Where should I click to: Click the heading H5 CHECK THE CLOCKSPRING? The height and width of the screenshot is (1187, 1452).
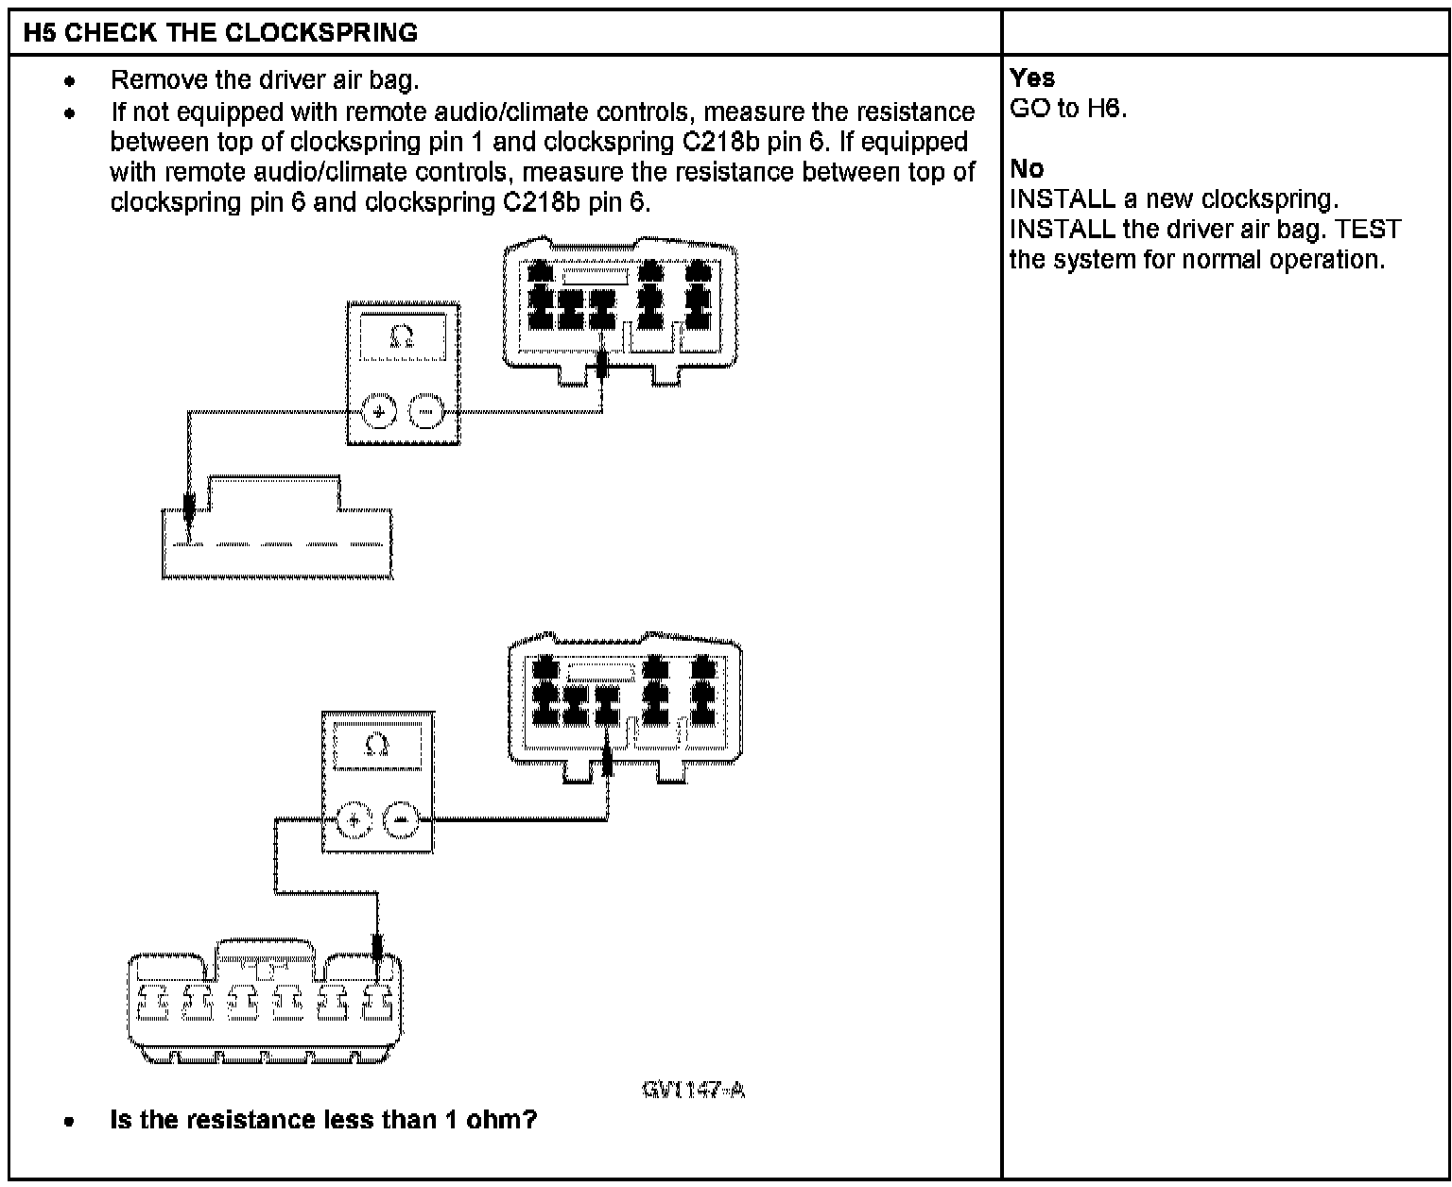220,33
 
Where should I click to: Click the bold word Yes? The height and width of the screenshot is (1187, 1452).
1032,77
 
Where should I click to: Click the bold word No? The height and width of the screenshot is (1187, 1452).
1027,168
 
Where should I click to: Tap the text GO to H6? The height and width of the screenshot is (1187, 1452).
1068,108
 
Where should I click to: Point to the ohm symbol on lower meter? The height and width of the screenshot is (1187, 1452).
376,745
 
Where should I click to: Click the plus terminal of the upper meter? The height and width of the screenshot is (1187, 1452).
379,412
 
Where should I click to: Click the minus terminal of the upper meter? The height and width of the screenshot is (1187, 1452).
426,412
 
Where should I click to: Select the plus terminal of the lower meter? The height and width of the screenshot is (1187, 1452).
354,820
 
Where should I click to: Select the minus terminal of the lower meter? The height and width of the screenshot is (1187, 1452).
401,820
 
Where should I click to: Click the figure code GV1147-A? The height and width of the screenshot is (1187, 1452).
693,1090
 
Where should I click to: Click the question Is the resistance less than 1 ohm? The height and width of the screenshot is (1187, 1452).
323,1120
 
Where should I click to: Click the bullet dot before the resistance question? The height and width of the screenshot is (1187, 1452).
69,1122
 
